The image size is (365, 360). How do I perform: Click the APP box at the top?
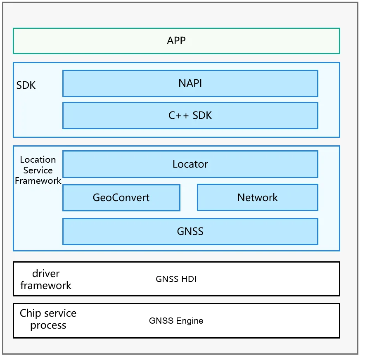point(176,41)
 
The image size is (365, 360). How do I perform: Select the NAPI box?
point(190,83)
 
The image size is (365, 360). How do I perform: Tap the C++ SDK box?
point(190,116)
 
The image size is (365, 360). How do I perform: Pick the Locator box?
point(190,164)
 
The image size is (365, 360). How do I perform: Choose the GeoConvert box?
point(121,198)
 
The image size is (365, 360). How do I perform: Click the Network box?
point(258,198)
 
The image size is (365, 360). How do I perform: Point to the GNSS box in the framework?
point(190,232)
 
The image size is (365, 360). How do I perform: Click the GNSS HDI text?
point(176,279)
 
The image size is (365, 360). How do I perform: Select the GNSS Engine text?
point(176,321)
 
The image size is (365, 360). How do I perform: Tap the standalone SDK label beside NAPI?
point(26,85)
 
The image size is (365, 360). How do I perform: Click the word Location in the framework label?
point(38,160)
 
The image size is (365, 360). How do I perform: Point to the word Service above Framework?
point(38,171)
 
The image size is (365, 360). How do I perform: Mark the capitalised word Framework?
point(38,180)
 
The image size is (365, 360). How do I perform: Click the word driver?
point(46,273)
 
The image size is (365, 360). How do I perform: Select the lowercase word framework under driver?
point(46,285)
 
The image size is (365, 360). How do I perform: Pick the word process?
point(48,326)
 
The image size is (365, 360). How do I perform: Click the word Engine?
point(190,321)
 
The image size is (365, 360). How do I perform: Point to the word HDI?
point(189,279)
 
